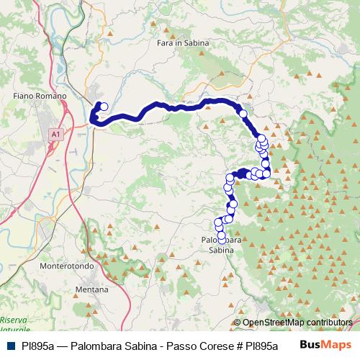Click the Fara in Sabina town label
coord(183,43)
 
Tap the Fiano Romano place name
coord(40,96)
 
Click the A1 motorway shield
coord(55,133)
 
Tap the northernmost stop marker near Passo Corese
coord(104,107)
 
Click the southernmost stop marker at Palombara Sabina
coord(222,239)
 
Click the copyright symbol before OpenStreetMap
coord(238,323)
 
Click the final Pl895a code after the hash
coord(261,346)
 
